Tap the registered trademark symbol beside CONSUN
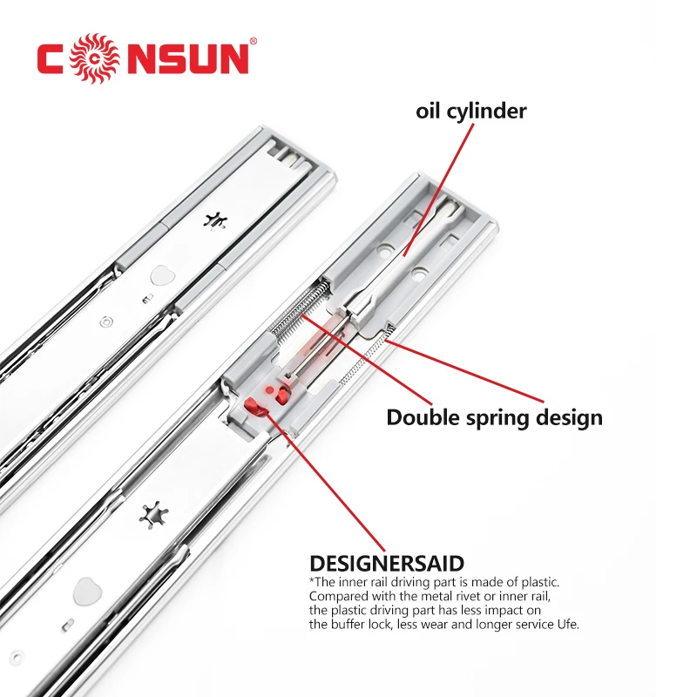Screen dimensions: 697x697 [254, 40]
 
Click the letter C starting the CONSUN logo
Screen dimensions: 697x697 [52, 58]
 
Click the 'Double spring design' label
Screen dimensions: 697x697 [494, 417]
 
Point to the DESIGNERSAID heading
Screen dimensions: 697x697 [386, 564]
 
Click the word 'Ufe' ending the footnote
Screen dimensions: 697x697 [565, 625]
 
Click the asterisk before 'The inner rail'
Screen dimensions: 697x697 [312, 580]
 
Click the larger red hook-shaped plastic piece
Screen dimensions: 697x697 [255, 404]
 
